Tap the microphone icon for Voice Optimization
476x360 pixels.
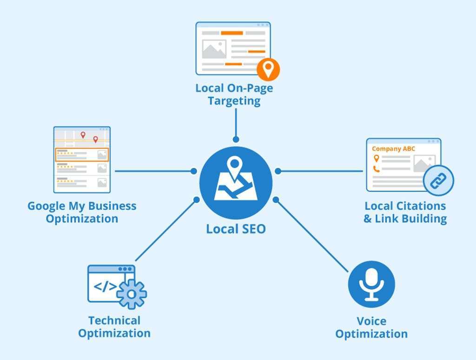(x=371, y=284)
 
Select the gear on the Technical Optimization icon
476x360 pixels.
(x=132, y=294)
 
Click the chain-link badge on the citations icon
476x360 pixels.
(x=438, y=180)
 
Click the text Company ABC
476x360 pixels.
(x=393, y=149)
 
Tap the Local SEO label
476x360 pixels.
(x=236, y=229)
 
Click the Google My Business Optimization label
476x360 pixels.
(x=82, y=212)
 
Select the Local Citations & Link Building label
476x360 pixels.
(x=405, y=212)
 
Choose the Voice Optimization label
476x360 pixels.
(x=371, y=327)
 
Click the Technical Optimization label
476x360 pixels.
(x=114, y=327)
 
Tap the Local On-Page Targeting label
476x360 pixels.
(x=234, y=94)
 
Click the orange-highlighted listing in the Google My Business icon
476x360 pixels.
(x=82, y=154)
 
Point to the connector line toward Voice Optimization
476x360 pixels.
(x=311, y=235)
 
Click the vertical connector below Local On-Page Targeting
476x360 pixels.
(x=236, y=123)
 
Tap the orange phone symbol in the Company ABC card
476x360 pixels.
(x=376, y=169)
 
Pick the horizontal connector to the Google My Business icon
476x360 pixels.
(x=153, y=171)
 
